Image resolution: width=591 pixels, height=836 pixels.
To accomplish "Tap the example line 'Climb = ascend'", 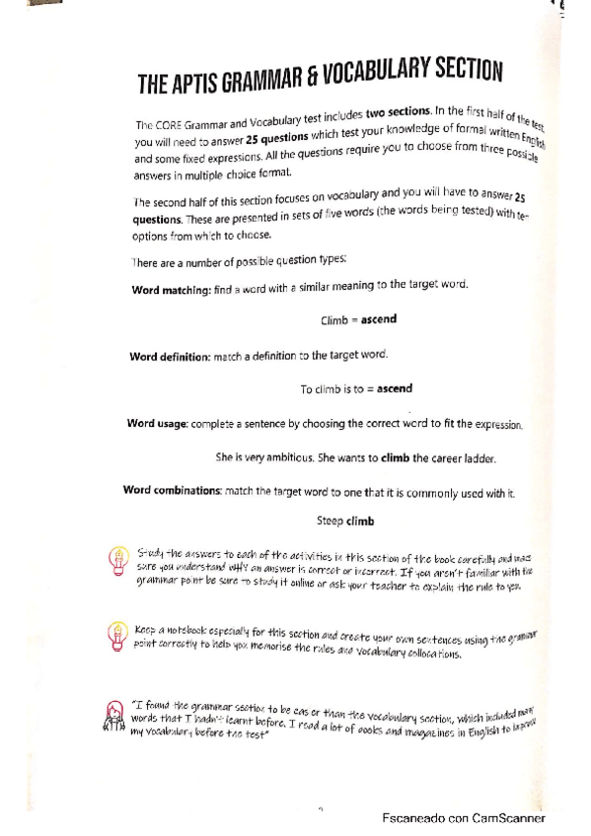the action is point(357,321).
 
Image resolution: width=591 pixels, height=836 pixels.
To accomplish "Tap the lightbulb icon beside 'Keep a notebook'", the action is point(117,632).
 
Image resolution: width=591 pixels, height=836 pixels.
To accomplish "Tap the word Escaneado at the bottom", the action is point(419,817).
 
